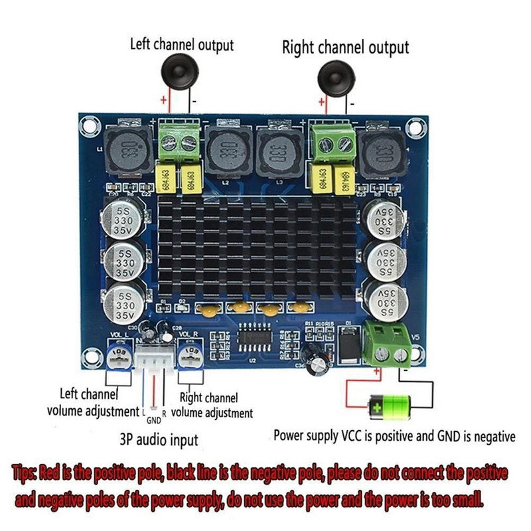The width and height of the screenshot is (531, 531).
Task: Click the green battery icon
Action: click(x=392, y=403)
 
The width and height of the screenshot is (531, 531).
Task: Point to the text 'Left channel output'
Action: click(x=182, y=45)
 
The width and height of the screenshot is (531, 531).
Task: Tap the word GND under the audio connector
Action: click(x=153, y=420)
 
